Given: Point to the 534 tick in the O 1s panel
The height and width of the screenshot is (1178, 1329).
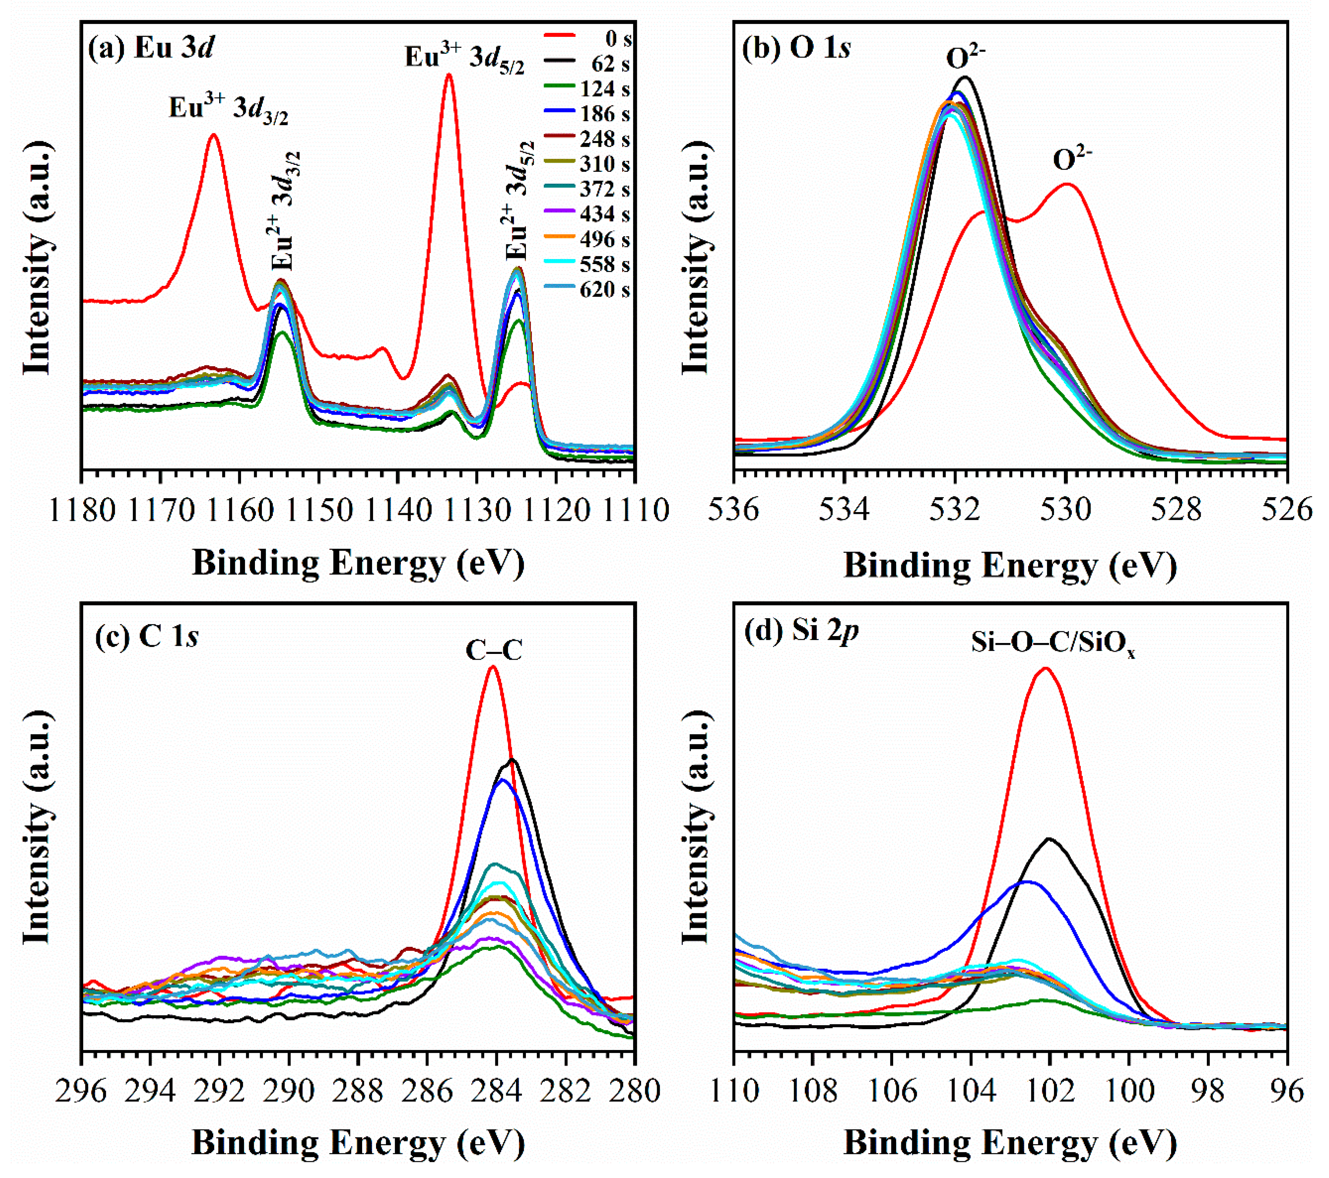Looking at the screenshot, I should click(844, 510).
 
